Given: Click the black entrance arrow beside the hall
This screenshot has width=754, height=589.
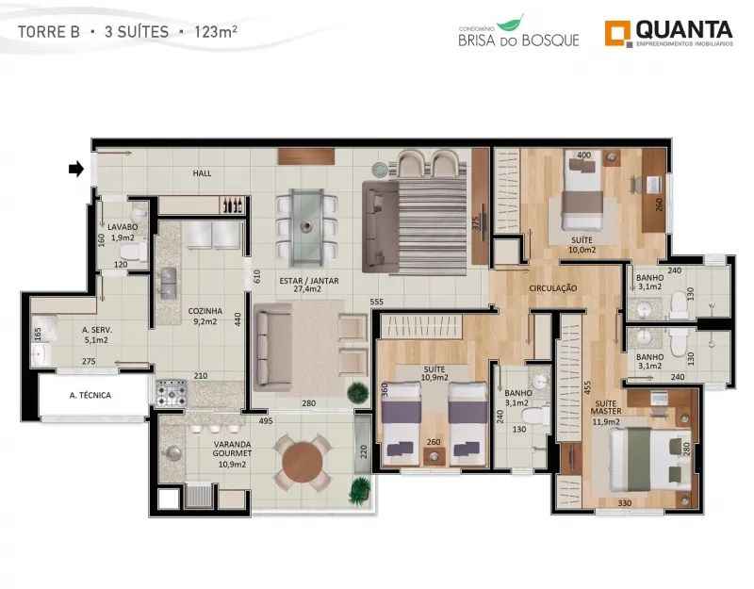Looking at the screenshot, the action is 76,169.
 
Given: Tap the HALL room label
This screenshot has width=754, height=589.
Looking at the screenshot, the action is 202,173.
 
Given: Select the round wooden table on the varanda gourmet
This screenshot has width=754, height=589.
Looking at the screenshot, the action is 302,463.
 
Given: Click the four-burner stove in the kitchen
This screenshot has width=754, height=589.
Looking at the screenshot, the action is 172,393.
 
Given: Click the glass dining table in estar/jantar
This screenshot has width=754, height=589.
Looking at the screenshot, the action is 306,228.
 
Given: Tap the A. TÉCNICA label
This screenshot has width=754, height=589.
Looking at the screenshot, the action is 90,395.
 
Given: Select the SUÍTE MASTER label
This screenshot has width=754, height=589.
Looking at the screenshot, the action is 605,407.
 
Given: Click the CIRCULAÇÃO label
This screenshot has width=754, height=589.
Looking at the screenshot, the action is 553,288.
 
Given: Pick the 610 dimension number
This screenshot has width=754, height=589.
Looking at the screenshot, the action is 256,276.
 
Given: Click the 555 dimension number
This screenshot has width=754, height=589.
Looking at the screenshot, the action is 376,302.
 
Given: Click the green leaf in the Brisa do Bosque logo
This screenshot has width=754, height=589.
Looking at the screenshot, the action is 511,23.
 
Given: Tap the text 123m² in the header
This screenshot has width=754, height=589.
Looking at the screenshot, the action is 215,32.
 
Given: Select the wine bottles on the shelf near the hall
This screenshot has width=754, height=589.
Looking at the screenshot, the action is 232,205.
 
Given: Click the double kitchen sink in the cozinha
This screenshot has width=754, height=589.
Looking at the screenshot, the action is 169,283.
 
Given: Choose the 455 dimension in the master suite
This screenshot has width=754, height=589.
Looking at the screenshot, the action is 587,388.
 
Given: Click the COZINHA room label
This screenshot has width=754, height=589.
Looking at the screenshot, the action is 205,311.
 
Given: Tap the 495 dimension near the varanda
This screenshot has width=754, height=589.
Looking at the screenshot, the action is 266,421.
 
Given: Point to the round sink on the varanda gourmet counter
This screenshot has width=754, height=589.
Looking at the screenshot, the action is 172,452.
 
